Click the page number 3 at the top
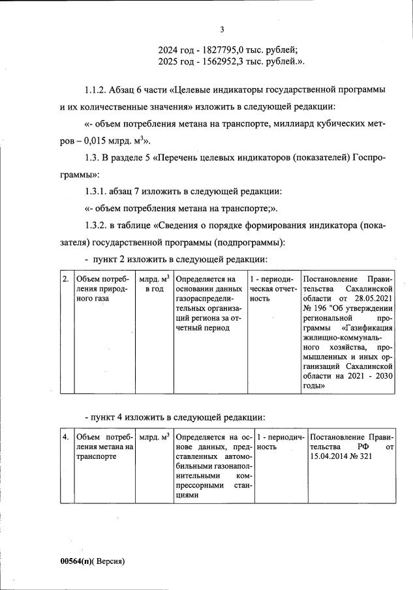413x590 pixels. tap(222, 29)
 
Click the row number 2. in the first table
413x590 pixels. tap(65, 278)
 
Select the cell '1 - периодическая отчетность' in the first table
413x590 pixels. tap(273, 289)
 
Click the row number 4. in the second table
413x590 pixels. tap(65, 436)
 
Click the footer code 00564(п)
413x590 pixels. tap(78, 561)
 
